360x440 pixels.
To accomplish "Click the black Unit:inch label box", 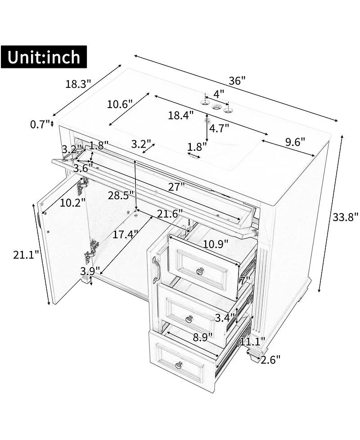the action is click(44, 57).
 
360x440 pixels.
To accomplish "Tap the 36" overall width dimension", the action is click(237, 81).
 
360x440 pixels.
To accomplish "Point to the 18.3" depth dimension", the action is click(78, 84).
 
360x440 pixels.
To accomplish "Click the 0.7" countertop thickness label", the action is click(40, 124).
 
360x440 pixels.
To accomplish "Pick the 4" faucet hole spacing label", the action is click(219, 93).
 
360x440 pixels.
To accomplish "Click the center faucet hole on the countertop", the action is click(217, 107).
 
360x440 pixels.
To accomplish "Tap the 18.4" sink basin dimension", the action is click(181, 115).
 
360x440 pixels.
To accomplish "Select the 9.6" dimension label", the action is click(295, 142).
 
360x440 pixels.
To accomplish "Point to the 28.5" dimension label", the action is click(121, 195).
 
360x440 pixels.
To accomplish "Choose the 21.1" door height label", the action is click(26, 255).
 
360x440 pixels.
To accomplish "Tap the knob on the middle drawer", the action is click(190, 319).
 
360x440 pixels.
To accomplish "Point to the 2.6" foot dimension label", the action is click(270, 359).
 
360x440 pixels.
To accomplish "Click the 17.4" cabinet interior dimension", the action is click(126, 234).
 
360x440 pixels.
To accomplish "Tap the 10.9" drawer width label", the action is click(216, 244).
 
